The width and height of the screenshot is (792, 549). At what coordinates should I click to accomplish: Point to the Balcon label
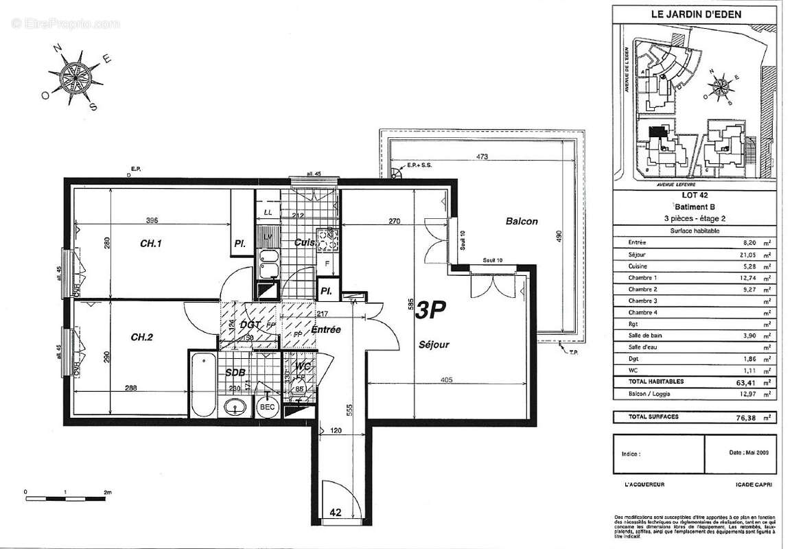(522, 222)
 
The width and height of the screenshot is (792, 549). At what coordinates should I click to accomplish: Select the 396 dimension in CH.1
(152, 221)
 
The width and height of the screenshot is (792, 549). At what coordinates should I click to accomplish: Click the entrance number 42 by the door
(336, 512)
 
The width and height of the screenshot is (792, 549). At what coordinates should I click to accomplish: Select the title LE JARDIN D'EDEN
(695, 13)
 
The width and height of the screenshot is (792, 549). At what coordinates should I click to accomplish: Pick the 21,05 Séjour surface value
(745, 254)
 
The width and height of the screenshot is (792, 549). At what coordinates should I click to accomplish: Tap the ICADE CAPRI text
(754, 484)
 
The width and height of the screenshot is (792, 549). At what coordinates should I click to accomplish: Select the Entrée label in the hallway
(326, 330)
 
